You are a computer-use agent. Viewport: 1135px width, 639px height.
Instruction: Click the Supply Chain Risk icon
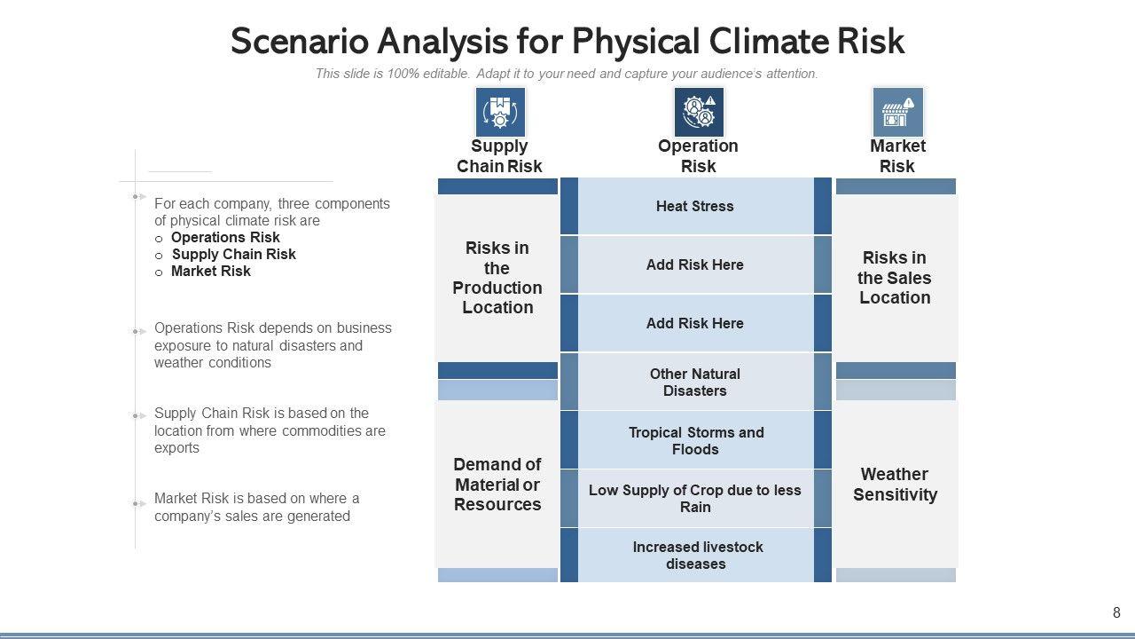coord(500,112)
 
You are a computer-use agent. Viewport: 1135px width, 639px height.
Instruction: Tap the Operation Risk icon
coord(699,112)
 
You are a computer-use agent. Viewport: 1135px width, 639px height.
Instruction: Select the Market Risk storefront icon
coord(897,112)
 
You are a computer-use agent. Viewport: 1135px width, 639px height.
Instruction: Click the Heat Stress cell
coord(695,206)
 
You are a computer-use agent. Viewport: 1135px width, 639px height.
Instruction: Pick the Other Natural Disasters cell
coord(695,383)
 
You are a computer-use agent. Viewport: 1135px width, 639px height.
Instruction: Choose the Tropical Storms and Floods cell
coord(695,441)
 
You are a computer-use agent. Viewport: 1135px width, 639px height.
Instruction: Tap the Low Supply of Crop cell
coord(695,499)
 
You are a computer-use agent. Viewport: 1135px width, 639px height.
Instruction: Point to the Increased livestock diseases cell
coord(695,556)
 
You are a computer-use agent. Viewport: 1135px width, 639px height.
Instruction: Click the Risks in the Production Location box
coord(497,278)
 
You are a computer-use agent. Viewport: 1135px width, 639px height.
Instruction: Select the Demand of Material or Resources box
coord(497,485)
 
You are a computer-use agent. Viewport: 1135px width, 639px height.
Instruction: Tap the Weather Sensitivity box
coord(896,485)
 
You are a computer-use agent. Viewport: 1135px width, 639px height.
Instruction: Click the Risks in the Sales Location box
coord(896,278)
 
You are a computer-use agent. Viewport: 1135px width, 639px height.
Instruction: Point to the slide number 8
coord(1116,612)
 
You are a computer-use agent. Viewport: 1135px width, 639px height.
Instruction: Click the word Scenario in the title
coord(299,42)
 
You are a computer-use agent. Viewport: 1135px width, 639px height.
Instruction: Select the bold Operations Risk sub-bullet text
coord(225,238)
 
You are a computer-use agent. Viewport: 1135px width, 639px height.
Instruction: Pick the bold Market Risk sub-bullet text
coord(211,272)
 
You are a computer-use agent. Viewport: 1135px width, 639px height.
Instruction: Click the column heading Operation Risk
coord(698,156)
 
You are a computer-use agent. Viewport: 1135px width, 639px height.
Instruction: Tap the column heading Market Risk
coord(897,156)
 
